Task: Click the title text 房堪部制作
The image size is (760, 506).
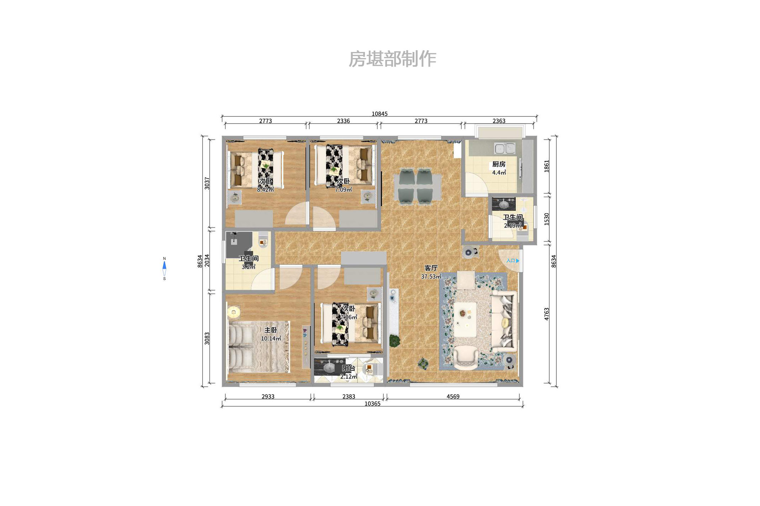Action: [x=392, y=59]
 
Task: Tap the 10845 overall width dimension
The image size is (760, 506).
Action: [x=379, y=114]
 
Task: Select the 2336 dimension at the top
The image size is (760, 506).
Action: [x=343, y=121]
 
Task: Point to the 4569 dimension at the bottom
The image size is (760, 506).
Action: [x=453, y=396]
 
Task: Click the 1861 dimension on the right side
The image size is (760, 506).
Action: [x=546, y=166]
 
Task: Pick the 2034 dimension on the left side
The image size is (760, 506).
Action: [x=207, y=261]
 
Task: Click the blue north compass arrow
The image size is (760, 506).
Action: [x=164, y=265]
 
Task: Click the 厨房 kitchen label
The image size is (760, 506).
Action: [x=499, y=164]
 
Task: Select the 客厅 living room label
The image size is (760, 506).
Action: [x=431, y=268]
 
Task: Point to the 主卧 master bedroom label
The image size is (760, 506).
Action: [x=271, y=330]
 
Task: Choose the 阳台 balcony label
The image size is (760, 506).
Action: [x=348, y=368]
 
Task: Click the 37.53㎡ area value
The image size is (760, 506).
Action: [x=431, y=276]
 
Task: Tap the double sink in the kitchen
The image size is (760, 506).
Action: [x=504, y=148]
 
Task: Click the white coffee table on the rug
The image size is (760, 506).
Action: [x=465, y=319]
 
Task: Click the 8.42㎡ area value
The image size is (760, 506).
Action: [x=265, y=189]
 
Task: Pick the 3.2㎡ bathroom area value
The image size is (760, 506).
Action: [x=248, y=267]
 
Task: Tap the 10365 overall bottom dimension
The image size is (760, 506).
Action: [x=372, y=403]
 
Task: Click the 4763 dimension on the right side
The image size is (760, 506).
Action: [x=546, y=314]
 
